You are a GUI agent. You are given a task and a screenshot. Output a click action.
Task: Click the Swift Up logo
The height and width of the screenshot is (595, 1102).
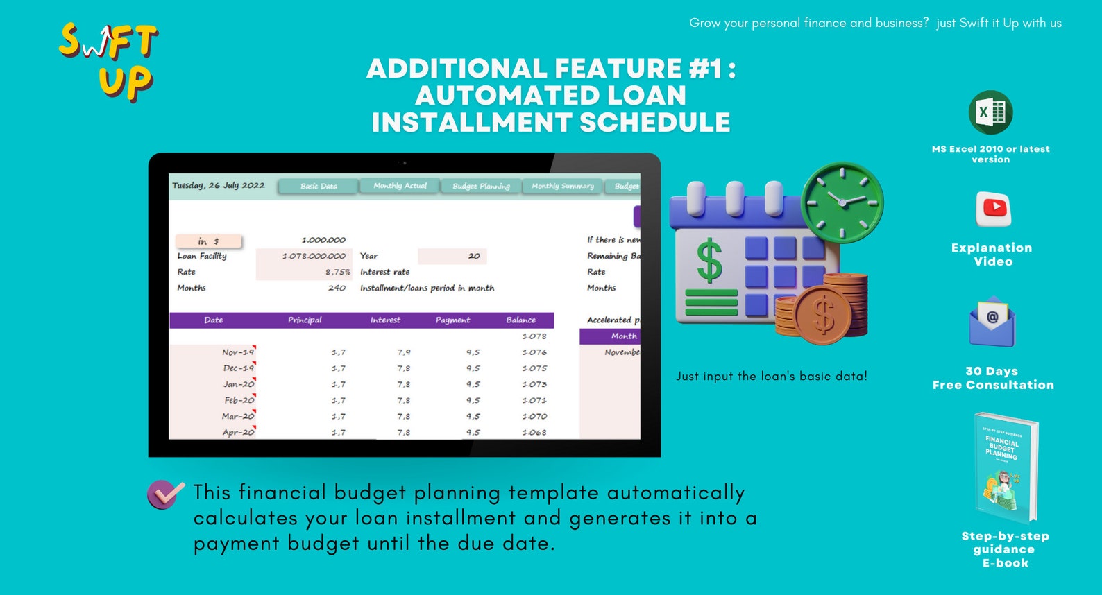109,61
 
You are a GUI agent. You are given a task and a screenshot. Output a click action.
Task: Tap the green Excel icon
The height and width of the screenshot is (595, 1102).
990,112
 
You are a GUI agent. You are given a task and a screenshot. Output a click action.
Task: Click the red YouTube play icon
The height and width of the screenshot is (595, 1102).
993,208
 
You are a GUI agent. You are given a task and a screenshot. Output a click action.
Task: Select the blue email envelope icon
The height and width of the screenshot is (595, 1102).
992,322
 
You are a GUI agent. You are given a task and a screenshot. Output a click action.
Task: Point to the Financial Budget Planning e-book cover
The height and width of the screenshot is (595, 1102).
1005,466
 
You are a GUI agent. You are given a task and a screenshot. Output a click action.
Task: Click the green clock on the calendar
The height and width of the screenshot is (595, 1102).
842,202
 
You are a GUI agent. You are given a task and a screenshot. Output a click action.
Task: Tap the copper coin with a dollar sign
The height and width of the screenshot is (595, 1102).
823,315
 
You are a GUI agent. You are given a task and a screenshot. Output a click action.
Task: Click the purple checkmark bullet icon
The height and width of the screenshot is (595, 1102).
165,494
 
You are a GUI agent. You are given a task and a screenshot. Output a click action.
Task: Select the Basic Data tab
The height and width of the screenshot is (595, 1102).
319,186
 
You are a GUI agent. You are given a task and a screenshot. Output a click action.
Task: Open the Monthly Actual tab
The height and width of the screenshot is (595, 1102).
400,186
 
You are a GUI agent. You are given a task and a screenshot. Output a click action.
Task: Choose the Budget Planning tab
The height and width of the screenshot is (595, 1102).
481,186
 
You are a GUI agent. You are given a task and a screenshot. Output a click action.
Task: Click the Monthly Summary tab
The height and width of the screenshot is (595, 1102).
562,186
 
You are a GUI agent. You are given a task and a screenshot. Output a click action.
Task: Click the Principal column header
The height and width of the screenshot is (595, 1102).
305,320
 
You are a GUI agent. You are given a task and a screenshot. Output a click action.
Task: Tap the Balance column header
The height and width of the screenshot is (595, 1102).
520,320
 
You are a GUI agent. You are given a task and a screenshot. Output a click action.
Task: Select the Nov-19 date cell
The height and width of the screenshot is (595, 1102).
238,352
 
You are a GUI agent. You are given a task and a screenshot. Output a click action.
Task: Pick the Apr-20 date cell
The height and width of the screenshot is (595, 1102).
238,432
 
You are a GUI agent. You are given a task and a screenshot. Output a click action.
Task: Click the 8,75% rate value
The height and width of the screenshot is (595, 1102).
338,272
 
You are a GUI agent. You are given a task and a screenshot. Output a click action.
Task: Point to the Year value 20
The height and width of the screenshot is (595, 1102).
474,256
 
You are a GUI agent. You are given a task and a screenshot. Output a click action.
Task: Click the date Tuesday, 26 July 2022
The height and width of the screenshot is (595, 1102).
219,185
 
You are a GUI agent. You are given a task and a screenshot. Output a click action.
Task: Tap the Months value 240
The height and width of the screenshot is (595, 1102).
337,288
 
